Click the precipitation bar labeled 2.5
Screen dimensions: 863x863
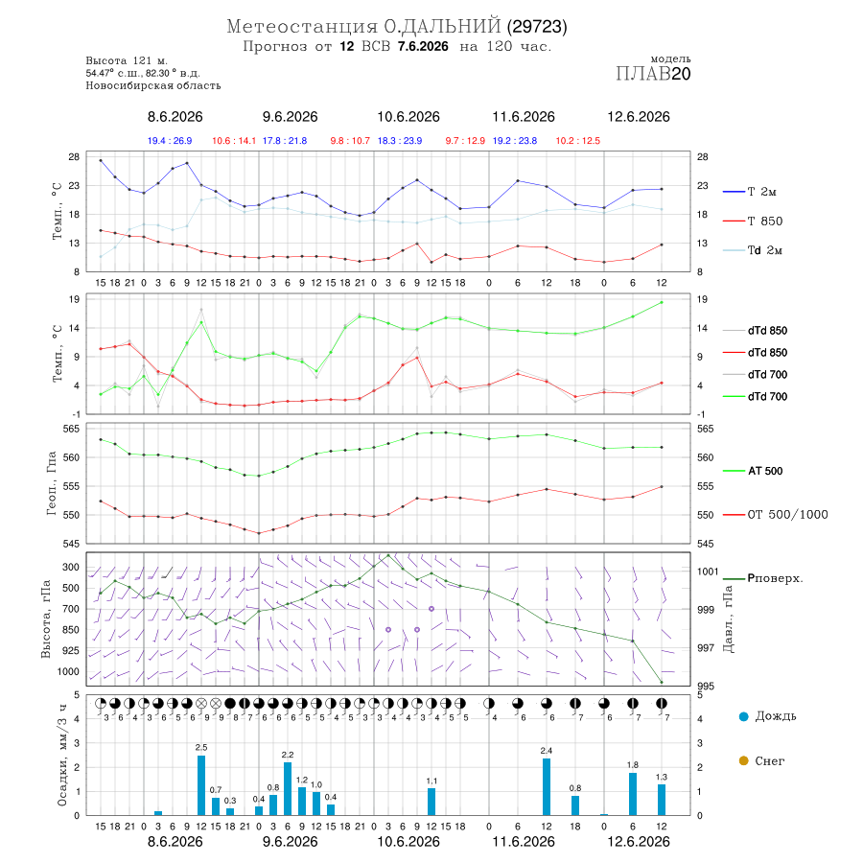(x=201, y=784)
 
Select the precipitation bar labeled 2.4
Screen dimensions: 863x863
(x=547, y=786)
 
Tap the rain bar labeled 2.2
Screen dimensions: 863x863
(x=288, y=788)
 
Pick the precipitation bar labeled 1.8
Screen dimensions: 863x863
(x=633, y=794)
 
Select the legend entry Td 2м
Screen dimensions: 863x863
(x=753, y=250)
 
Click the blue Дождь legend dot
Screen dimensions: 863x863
(x=743, y=716)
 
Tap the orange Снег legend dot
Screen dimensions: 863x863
(x=743, y=760)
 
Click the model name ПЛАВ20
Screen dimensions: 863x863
(x=653, y=74)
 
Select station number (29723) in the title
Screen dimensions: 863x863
(x=537, y=27)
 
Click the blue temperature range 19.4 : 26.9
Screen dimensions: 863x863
(x=170, y=141)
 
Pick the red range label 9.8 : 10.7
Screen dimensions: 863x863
(x=350, y=141)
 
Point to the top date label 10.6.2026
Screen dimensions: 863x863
(x=408, y=117)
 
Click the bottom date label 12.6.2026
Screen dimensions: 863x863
(x=639, y=842)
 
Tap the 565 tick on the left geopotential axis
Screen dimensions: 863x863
(x=72, y=429)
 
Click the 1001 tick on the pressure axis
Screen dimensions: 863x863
(x=708, y=571)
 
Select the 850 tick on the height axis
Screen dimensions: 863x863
(x=70, y=630)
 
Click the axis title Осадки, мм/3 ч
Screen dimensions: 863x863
(x=61, y=756)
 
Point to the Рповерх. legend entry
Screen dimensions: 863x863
(x=763, y=578)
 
